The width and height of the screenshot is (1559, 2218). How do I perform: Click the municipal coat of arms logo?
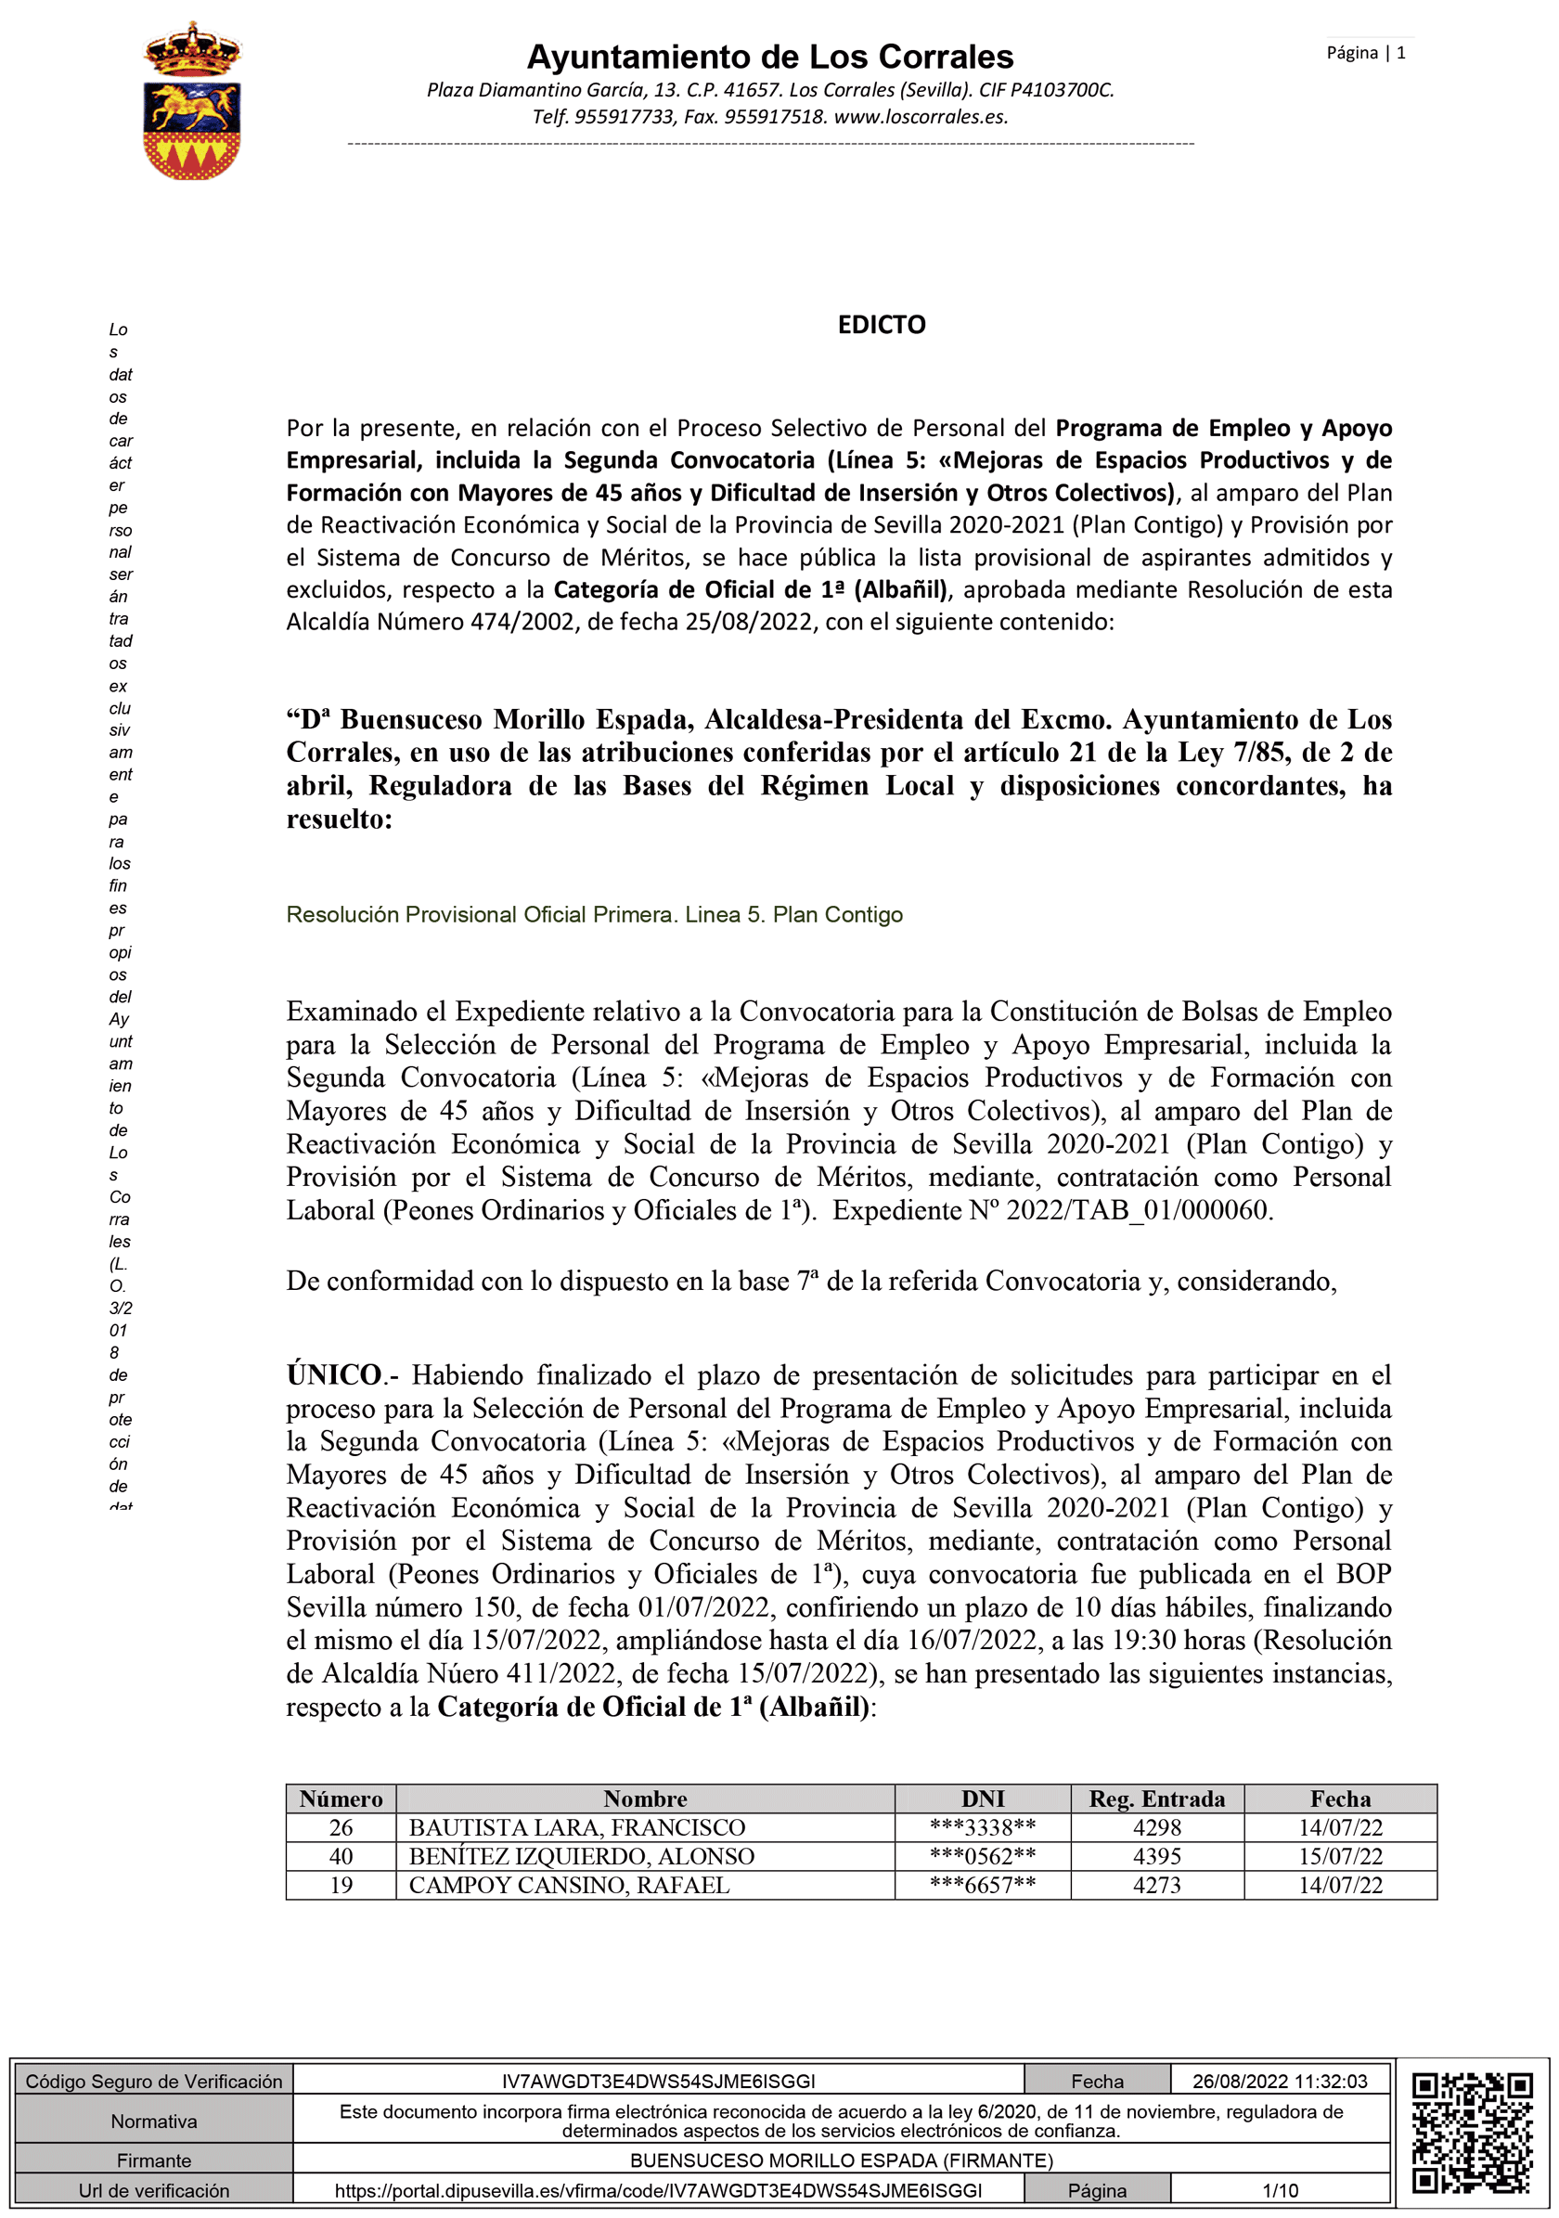(x=191, y=101)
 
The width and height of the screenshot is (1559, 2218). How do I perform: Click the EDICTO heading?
(x=881, y=325)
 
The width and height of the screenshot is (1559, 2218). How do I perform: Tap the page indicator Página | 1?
(x=1365, y=53)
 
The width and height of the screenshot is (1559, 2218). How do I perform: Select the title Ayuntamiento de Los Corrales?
(x=770, y=57)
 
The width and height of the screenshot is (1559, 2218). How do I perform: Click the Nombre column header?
(x=644, y=1798)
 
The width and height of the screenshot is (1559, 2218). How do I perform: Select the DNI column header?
(x=983, y=1798)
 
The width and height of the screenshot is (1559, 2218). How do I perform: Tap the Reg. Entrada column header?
(x=1156, y=1798)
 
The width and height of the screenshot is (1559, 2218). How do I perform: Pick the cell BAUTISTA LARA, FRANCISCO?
(x=576, y=1826)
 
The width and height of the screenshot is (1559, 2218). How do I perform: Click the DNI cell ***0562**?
(x=983, y=1856)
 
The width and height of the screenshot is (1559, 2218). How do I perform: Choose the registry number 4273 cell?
(x=1156, y=1885)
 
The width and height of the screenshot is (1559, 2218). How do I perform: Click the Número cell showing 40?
(x=341, y=1856)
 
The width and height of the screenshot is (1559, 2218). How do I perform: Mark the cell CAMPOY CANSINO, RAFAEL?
(x=569, y=1885)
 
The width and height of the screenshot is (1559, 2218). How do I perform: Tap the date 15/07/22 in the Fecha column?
(x=1340, y=1856)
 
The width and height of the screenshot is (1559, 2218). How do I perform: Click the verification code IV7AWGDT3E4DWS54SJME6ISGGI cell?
(x=658, y=2081)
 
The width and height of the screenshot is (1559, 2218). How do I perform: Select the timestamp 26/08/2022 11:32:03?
(x=1279, y=2081)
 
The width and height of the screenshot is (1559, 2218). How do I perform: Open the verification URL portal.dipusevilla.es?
(x=658, y=2190)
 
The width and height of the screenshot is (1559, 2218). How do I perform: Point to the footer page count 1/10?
(x=1279, y=2190)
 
